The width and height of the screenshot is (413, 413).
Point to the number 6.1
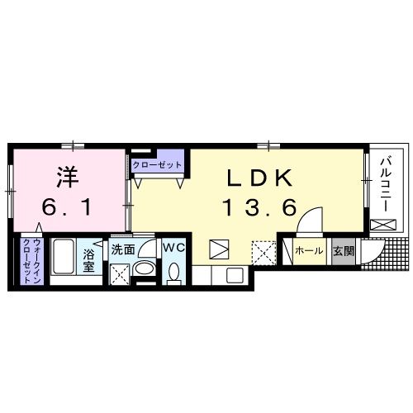[x=68, y=208]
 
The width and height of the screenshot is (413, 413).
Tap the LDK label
[x=256, y=178]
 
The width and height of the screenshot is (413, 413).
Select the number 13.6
[x=257, y=208]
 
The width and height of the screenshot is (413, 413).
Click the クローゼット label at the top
[x=157, y=164]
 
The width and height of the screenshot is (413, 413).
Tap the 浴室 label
[x=88, y=261]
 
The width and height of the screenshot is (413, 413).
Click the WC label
[x=173, y=248]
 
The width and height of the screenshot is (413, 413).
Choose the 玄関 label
[x=342, y=249]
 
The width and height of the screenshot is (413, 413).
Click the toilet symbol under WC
[x=173, y=273]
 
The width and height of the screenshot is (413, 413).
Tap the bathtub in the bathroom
[x=63, y=260]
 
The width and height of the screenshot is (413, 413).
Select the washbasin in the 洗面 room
[x=144, y=270]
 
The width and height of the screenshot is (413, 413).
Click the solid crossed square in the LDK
[x=219, y=249]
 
